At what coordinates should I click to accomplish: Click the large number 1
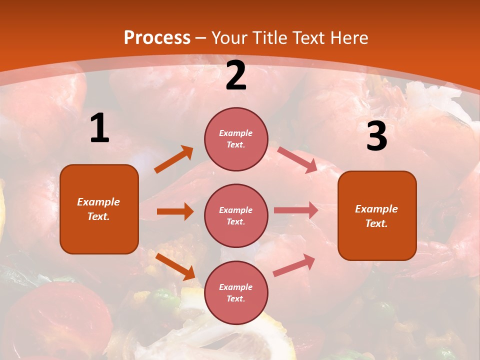pyautogui.click(x=99, y=128)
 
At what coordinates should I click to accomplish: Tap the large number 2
pyautogui.click(x=236, y=75)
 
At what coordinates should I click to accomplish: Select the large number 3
pyautogui.click(x=376, y=136)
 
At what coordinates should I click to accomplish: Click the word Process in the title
pyautogui.click(x=157, y=37)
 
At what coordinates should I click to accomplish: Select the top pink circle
pyautogui.click(x=236, y=139)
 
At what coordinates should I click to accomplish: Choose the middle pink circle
pyautogui.click(x=236, y=215)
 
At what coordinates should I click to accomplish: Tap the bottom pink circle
pyautogui.click(x=236, y=292)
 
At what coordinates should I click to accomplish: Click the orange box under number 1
pyautogui.click(x=99, y=209)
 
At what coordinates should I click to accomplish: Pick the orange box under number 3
pyautogui.click(x=377, y=215)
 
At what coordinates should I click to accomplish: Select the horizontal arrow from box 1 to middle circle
pyautogui.click(x=175, y=211)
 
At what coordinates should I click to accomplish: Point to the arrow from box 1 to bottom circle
pyautogui.click(x=175, y=266)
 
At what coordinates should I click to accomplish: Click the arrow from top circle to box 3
pyautogui.click(x=297, y=160)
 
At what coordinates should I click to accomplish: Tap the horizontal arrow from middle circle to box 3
pyautogui.click(x=295, y=210)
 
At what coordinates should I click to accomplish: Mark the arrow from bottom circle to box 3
pyautogui.click(x=294, y=265)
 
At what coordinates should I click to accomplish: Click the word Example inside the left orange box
pyautogui.click(x=98, y=202)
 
